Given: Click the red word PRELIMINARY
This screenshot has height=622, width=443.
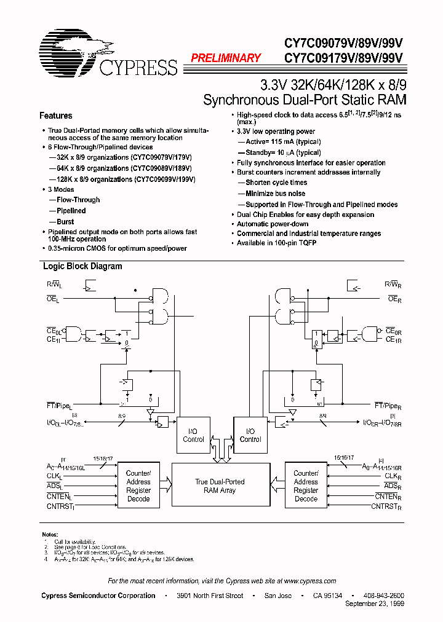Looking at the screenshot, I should [x=226, y=58].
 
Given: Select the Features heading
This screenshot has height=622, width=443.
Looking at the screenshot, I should [x=55, y=116].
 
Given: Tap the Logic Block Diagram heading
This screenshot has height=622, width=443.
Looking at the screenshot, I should [x=82, y=266].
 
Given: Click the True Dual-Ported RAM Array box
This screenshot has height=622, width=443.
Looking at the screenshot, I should [x=220, y=486].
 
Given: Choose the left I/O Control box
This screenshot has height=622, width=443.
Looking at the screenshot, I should [x=193, y=435].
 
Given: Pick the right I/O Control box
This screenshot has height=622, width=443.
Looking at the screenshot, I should [x=250, y=435].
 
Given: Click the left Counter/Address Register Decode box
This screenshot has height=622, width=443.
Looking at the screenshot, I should [x=138, y=486].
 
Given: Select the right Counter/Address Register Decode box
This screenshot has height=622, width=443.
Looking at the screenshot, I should [x=306, y=486].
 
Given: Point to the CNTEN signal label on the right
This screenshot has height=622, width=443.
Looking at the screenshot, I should [x=389, y=497].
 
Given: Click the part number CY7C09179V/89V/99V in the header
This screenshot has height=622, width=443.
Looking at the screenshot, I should [x=343, y=58].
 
